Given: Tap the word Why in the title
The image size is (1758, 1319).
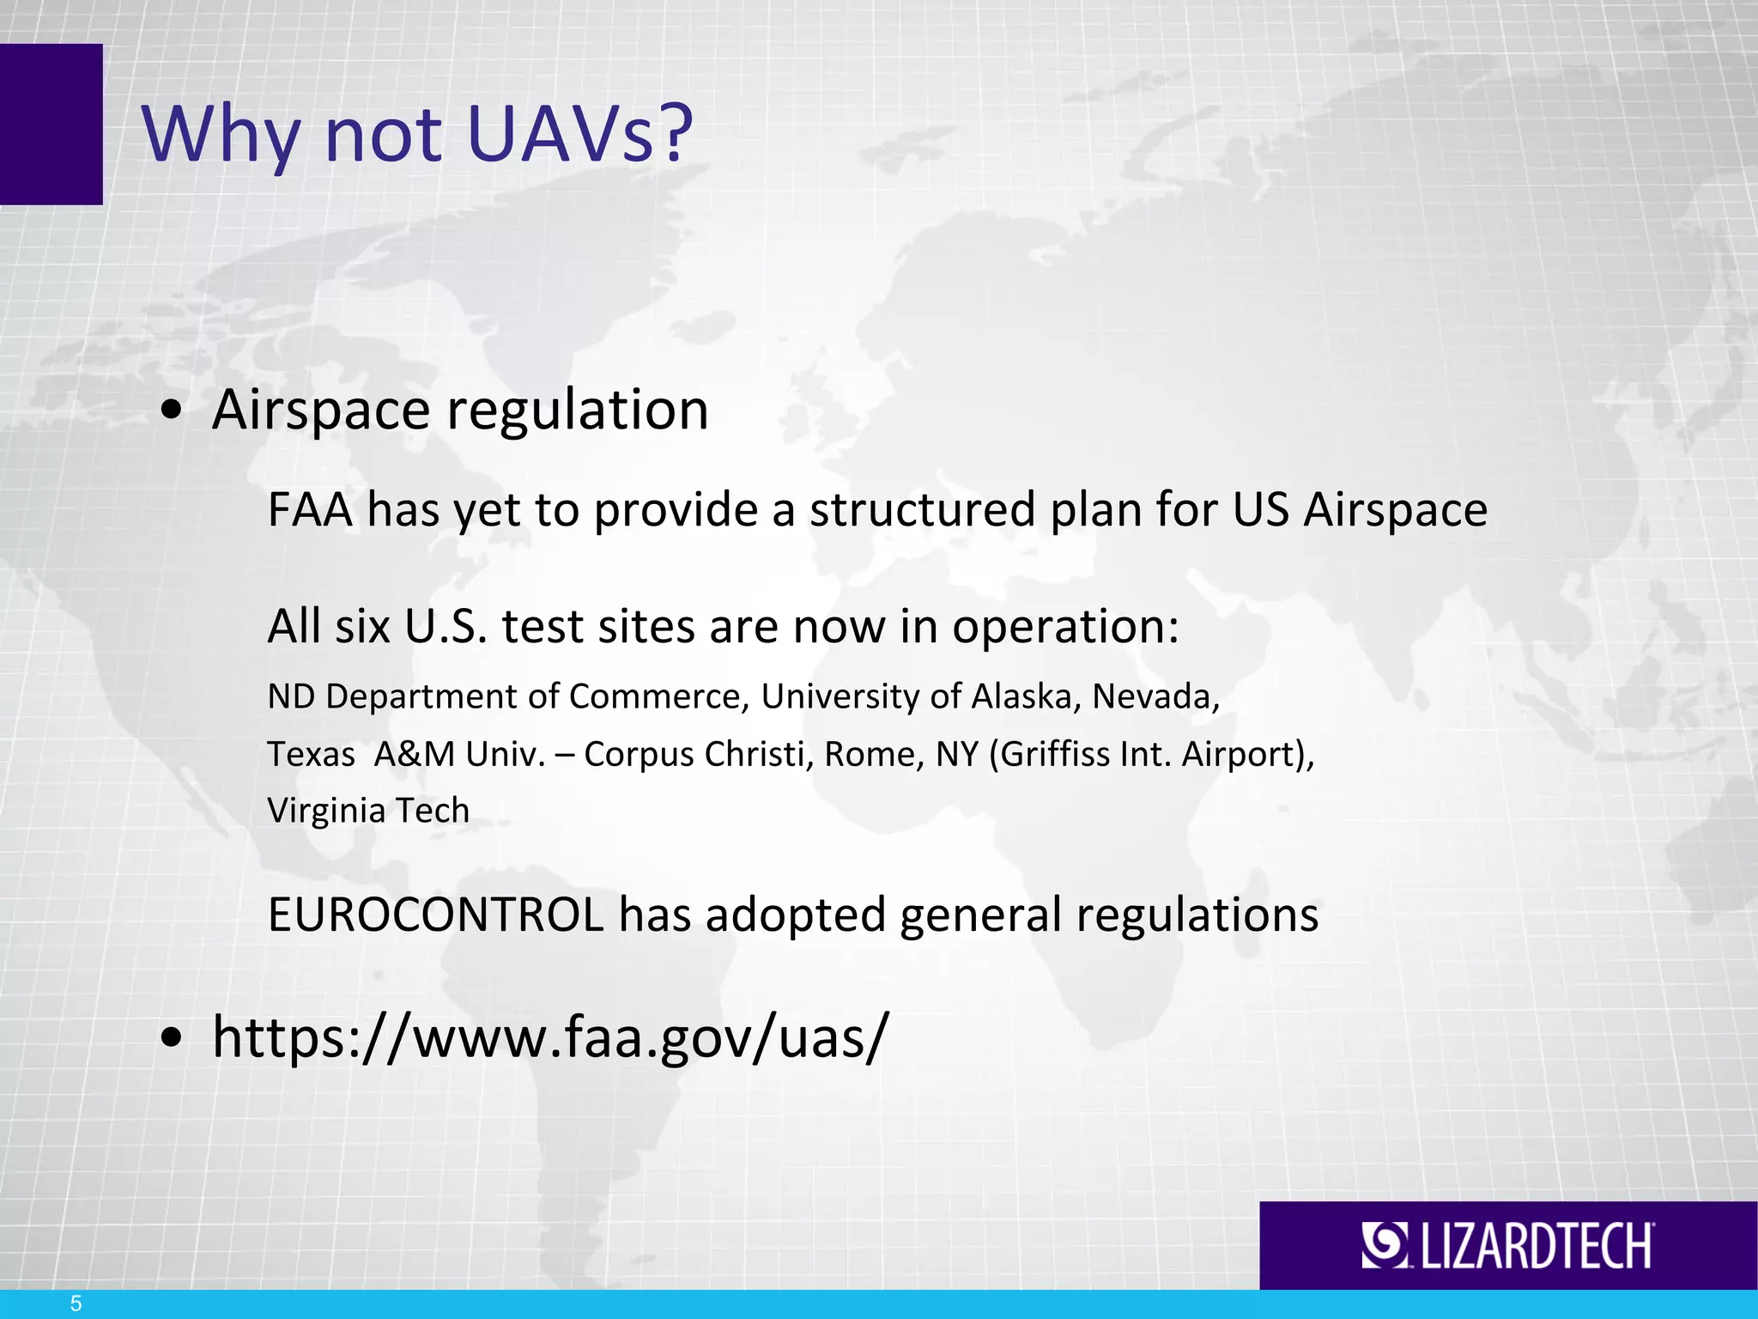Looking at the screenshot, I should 221,136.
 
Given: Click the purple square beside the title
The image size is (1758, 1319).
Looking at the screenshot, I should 51,124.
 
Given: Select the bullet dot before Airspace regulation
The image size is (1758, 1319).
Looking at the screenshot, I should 172,411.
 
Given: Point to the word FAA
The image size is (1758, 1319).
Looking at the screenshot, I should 310,509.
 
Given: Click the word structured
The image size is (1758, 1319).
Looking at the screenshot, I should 922,509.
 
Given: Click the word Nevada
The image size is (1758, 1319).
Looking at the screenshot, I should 1155,696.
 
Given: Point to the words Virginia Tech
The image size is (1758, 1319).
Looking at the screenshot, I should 368,811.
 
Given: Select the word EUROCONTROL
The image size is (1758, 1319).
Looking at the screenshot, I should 436,915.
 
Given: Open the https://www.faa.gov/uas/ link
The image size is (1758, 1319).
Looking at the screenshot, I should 549,1037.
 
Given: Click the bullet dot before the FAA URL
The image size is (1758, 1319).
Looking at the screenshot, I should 172,1038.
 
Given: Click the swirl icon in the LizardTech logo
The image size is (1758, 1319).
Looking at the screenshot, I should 1384,1245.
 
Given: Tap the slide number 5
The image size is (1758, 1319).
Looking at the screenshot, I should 76,1304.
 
